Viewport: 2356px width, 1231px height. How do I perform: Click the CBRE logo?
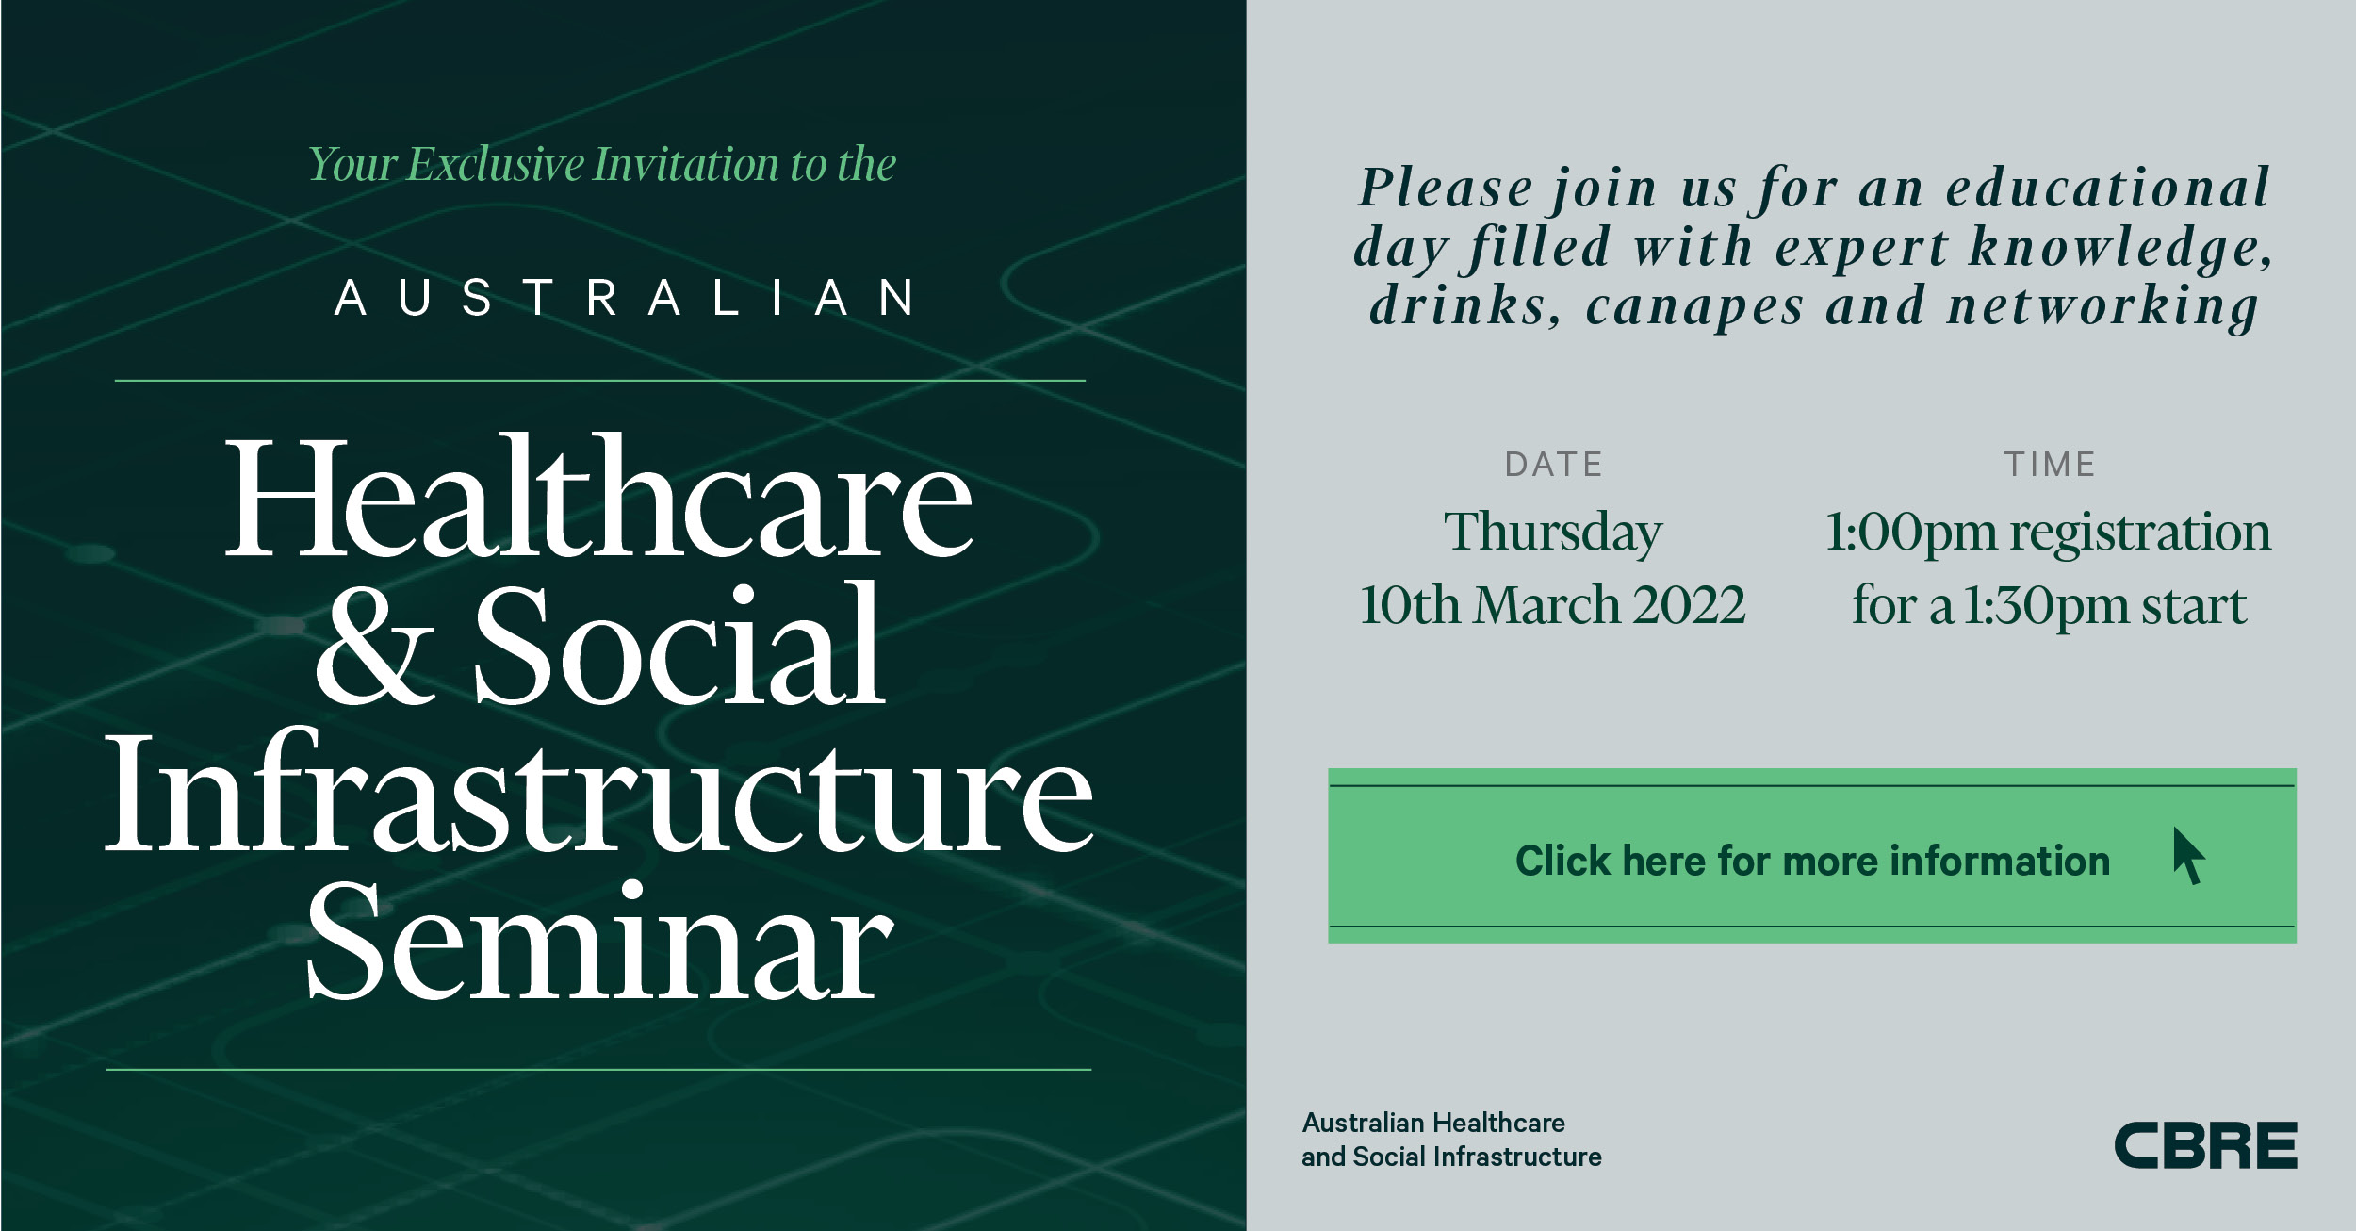pos(2206,1145)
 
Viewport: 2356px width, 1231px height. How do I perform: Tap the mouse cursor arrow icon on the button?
pos(2188,856)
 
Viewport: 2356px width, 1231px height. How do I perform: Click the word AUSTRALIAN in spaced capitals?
pos(625,298)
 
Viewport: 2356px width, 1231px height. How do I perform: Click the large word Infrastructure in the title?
pos(599,792)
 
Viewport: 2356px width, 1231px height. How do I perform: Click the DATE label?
pos(1554,465)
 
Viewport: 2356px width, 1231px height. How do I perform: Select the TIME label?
pos(2050,465)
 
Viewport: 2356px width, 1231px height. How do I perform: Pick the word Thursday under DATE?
pos(1553,533)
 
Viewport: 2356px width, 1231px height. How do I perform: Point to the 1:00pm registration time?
pos(2048,533)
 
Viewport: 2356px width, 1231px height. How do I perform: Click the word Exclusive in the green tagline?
pos(497,165)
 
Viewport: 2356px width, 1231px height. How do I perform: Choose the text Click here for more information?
pos(1812,861)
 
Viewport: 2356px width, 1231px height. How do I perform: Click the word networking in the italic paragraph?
pos(2103,306)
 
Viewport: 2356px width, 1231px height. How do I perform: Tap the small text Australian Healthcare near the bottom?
pos(1433,1123)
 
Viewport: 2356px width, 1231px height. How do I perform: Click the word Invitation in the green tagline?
pos(686,165)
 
